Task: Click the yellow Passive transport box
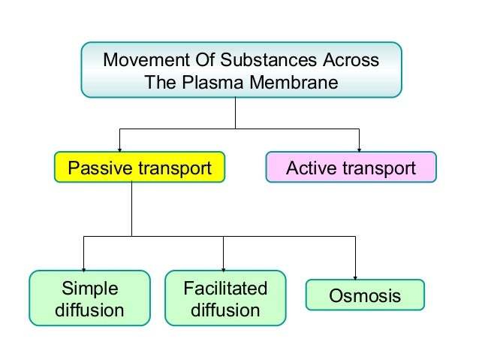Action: click(140, 168)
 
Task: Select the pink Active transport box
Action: click(351, 168)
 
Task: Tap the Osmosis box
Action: click(365, 295)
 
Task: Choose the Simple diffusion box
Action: click(89, 298)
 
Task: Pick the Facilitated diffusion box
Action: click(224, 298)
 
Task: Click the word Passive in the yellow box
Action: click(98, 168)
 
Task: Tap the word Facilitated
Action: click(224, 289)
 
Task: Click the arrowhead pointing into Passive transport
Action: click(119, 149)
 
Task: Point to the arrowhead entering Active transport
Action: click(359, 149)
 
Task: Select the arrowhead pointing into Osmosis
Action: click(355, 276)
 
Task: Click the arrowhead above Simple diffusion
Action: click(83, 267)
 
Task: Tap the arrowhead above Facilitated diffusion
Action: click(223, 267)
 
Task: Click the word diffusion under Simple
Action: click(89, 310)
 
